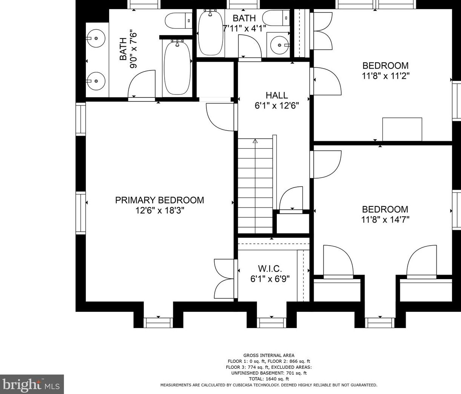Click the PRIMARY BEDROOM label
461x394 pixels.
click(x=159, y=200)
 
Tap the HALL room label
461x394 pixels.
click(x=276, y=95)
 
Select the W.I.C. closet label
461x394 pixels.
click(x=270, y=269)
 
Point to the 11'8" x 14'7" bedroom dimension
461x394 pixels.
click(x=385, y=220)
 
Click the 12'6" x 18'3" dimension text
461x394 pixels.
click(x=160, y=211)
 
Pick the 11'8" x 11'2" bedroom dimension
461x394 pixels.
click(x=386, y=76)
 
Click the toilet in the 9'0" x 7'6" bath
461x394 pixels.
click(x=179, y=20)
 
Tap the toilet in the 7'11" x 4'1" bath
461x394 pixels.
click(x=276, y=18)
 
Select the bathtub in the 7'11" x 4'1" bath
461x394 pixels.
click(x=211, y=32)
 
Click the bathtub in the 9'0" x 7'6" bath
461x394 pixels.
click(x=177, y=68)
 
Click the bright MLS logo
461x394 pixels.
click(x=32, y=384)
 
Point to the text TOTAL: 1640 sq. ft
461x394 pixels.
click(x=269, y=379)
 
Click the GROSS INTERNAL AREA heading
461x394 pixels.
click(x=269, y=356)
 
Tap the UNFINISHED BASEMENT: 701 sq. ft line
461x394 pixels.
click(x=269, y=373)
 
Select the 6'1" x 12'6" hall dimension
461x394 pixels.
click(x=276, y=105)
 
